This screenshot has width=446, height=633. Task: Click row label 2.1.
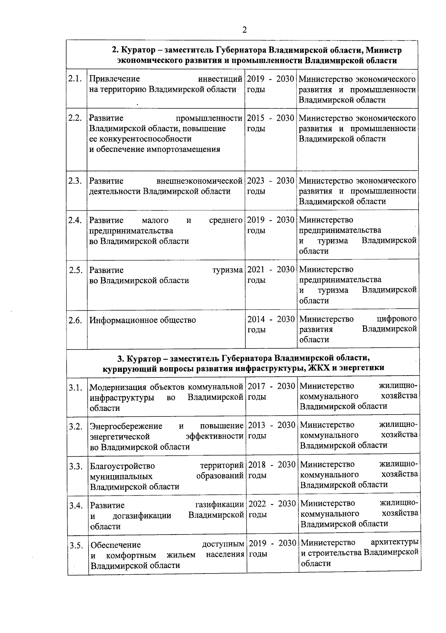[75, 79]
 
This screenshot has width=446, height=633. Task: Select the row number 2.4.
[75, 220]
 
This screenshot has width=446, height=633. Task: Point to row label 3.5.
[76, 545]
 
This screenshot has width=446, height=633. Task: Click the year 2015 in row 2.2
[256, 118]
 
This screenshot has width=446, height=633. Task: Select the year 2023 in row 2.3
[256, 181]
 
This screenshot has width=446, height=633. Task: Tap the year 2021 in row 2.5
[256, 270]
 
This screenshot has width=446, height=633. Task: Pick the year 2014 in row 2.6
[256, 319]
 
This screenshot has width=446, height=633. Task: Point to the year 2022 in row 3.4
[257, 504]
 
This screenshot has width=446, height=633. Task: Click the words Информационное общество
[143, 320]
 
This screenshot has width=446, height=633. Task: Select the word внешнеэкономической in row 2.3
[200, 181]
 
